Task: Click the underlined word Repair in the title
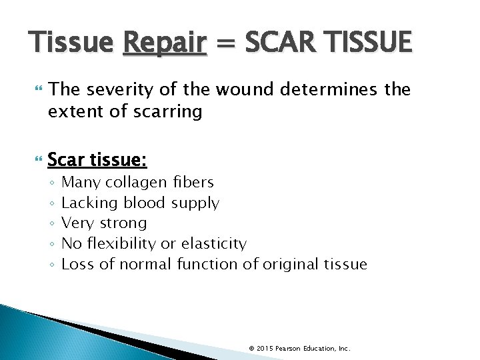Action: [164, 43]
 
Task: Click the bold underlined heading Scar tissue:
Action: [97, 161]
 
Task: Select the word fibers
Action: [193, 182]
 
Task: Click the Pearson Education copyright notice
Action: [299, 349]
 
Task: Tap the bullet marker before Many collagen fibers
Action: [52, 183]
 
